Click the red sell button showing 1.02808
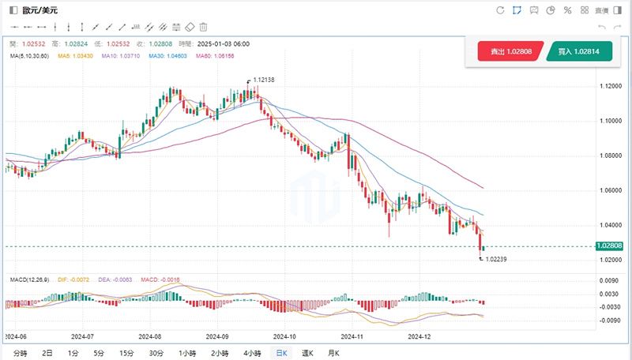coord(510,51)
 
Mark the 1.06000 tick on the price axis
coord(611,190)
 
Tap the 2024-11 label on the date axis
coord(351,336)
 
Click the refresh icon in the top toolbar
coord(499,10)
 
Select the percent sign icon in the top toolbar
coord(567,10)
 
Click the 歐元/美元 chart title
coord(39,10)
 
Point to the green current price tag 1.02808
coord(611,246)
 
